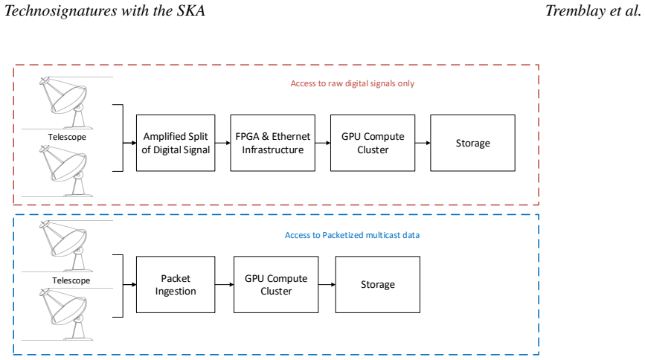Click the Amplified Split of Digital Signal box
point(176,143)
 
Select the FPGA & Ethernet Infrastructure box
point(273,143)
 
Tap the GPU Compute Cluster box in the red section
point(373,143)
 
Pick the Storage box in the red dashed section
point(472,143)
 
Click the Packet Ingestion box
point(176,284)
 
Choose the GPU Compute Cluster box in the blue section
point(276,284)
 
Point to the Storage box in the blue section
point(378,284)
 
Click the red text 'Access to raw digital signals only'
point(353,83)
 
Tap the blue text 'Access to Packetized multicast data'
point(352,235)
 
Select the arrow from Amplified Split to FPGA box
point(222,143)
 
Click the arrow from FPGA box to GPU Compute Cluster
point(323,143)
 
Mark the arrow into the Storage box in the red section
point(423,143)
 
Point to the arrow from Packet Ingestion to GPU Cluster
point(224,284)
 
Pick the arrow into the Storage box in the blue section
point(327,284)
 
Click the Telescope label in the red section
point(67,137)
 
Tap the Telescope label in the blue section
point(71,280)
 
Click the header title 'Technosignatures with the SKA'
point(105,10)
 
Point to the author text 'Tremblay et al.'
point(593,10)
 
